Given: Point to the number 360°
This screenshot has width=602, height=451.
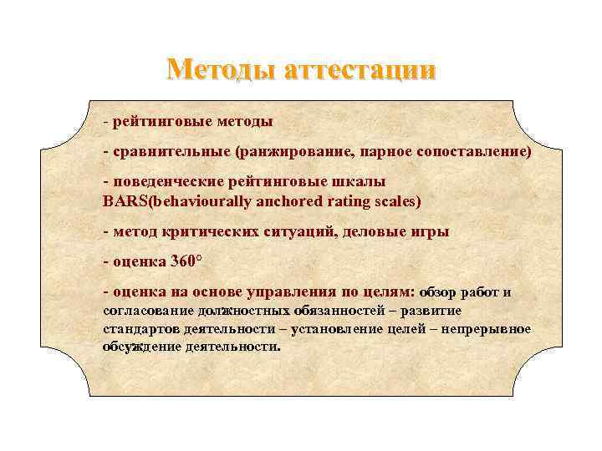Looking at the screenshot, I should pyautogui.click(x=186, y=261).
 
